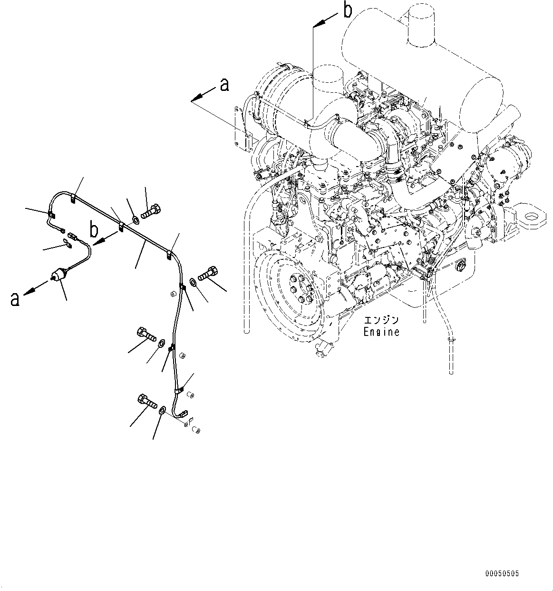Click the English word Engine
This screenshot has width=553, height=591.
[x=381, y=332]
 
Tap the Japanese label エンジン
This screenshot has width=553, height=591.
[x=381, y=320]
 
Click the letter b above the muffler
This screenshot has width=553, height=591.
[x=348, y=10]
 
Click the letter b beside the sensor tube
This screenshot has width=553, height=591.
[x=95, y=231]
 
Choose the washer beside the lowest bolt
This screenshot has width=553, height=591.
[x=163, y=410]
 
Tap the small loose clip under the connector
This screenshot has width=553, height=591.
[x=67, y=245]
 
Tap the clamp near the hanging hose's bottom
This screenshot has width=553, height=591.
[x=452, y=340]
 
